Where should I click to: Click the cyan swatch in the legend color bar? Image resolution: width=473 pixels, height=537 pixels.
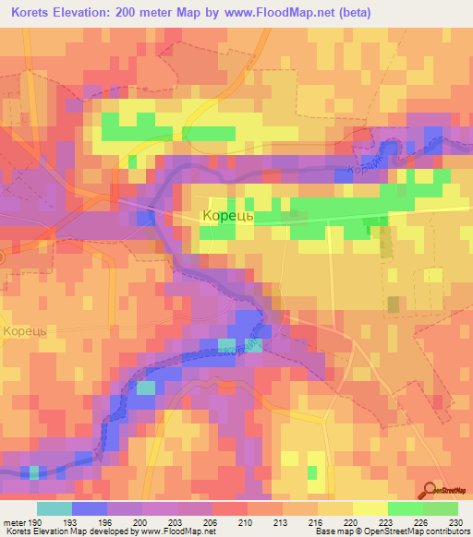click(x=54, y=508)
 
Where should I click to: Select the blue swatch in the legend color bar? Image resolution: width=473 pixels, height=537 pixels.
click(x=89, y=508)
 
